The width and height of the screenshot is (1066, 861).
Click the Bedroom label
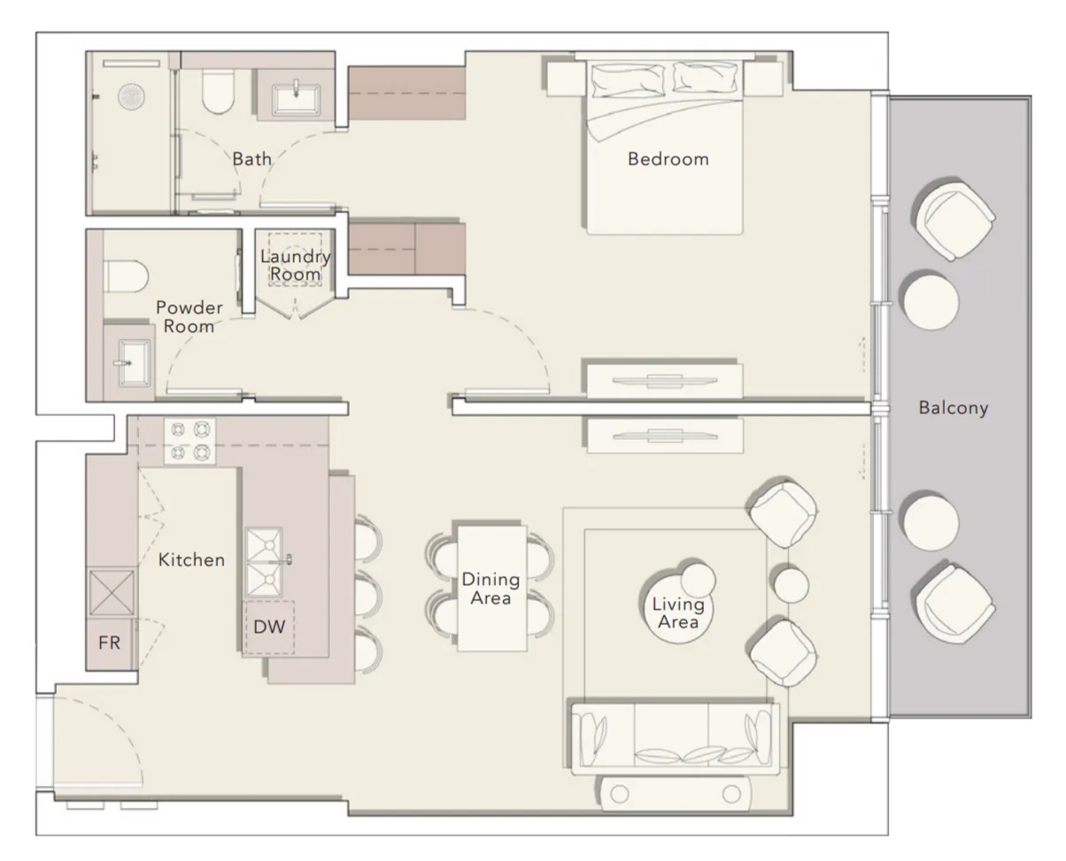pyautogui.click(x=668, y=159)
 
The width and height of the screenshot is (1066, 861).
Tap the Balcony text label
pyautogui.click(x=954, y=408)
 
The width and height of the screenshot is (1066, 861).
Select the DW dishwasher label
pyautogui.click(x=269, y=627)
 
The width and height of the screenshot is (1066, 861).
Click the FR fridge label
pyautogui.click(x=109, y=642)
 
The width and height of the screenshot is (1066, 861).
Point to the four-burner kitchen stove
pyautogui.click(x=190, y=441)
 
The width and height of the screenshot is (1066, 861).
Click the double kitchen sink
pyautogui.click(x=264, y=563)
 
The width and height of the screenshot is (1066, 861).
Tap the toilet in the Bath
pyautogui.click(x=218, y=90)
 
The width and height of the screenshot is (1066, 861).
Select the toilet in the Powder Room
pyautogui.click(x=126, y=276)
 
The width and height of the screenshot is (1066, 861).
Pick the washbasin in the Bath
pyautogui.click(x=296, y=99)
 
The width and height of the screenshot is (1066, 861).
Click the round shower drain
pyautogui.click(x=131, y=96)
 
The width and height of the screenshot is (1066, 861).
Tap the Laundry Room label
pyautogui.click(x=296, y=265)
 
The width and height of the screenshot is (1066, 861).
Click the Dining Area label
pyautogui.click(x=491, y=588)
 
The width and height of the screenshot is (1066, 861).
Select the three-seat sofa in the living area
pyautogui.click(x=676, y=739)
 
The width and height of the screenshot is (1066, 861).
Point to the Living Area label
pyautogui.click(x=678, y=613)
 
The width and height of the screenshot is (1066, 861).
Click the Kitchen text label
pyautogui.click(x=191, y=560)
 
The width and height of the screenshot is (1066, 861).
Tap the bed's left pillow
pyautogui.click(x=628, y=80)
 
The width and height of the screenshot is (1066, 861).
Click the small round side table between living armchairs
pyautogui.click(x=791, y=585)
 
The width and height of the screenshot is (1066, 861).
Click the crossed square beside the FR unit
pyautogui.click(x=112, y=593)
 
